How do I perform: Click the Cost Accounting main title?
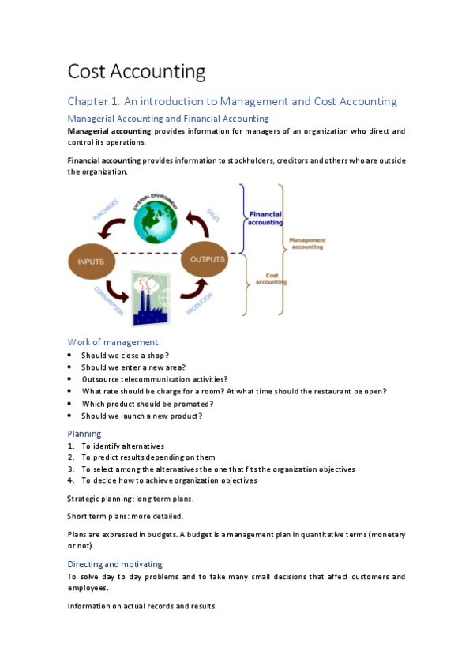point(137,71)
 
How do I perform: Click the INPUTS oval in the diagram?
point(92,262)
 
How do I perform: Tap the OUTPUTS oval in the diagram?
point(205,259)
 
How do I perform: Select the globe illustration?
point(156,222)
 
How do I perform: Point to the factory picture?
point(151,298)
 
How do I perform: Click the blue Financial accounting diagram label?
point(265,218)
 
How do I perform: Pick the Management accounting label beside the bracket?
point(307,243)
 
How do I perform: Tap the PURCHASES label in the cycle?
point(106,210)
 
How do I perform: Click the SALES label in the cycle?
point(213,215)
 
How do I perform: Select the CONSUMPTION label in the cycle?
point(109,301)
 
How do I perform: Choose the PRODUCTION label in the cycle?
point(199,304)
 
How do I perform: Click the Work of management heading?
point(113,342)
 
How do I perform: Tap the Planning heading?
point(84,434)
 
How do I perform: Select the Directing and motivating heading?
point(114,564)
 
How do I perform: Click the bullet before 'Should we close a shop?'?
point(69,355)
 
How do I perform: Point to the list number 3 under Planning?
point(71,469)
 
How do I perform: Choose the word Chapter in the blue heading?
point(88,102)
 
